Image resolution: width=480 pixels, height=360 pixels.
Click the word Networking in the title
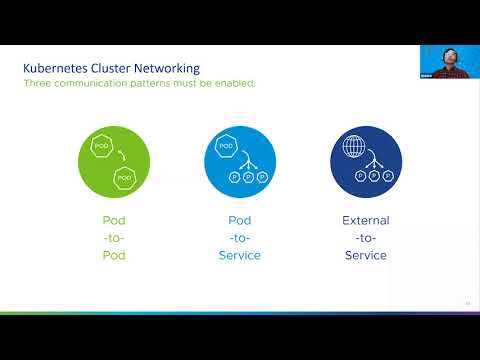[166, 68]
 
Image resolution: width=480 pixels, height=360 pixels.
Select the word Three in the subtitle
[37, 83]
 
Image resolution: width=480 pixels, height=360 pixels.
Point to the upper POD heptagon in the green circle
[101, 146]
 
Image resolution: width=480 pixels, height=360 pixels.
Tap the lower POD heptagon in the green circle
[124, 178]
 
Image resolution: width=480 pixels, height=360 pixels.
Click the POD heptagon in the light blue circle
[225, 147]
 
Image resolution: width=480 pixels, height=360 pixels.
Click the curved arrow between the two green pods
[121, 155]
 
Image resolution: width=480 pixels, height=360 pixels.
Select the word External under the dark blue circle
[365, 220]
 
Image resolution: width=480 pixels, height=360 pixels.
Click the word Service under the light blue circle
[239, 255]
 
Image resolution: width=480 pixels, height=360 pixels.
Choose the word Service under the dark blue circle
[365, 255]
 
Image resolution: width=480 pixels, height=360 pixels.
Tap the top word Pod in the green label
[113, 220]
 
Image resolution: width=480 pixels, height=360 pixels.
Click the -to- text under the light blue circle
[239, 237]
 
